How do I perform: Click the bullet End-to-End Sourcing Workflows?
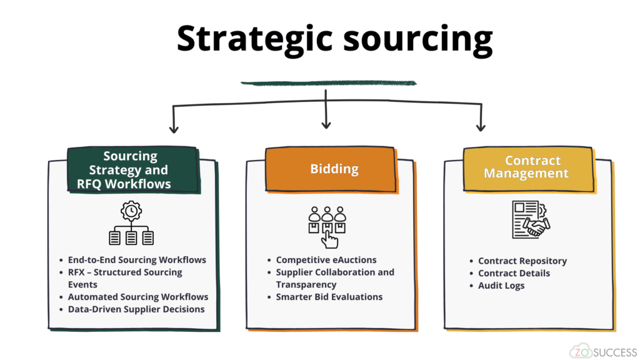137,259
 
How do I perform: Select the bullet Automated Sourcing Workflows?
138,297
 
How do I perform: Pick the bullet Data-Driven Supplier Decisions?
136,309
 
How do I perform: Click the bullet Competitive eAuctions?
326,259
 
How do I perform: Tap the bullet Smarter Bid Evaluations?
329,297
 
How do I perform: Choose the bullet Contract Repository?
522,261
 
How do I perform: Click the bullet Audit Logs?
501,286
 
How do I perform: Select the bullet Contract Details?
514,273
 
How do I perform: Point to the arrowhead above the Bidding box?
326,124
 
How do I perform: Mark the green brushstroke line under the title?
328,82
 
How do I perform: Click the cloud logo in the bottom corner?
579,351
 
